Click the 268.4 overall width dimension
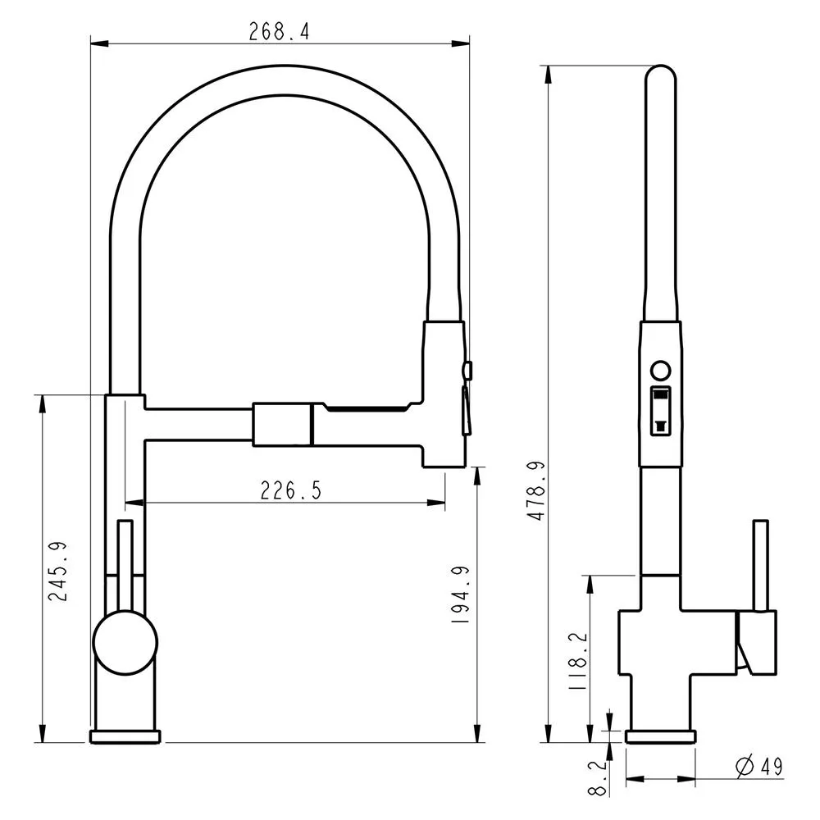tap(279, 32)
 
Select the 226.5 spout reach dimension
tap(291, 490)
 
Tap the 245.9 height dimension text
tap(58, 571)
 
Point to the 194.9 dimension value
tap(461, 594)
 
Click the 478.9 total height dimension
tap(536, 490)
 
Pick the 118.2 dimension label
tap(578, 661)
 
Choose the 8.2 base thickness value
tap(597, 777)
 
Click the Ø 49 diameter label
tap(759, 767)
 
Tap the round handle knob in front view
tap(125, 643)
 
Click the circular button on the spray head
tap(660, 371)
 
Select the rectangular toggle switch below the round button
tap(660, 411)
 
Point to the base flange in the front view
tap(125, 736)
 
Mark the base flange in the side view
tap(660, 736)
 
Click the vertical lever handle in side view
tap(760, 565)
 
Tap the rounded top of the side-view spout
tap(661, 73)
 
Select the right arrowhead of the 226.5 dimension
tap(436, 503)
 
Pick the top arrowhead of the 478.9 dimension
tap(548, 74)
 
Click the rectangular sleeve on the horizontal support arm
tap(282, 425)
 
